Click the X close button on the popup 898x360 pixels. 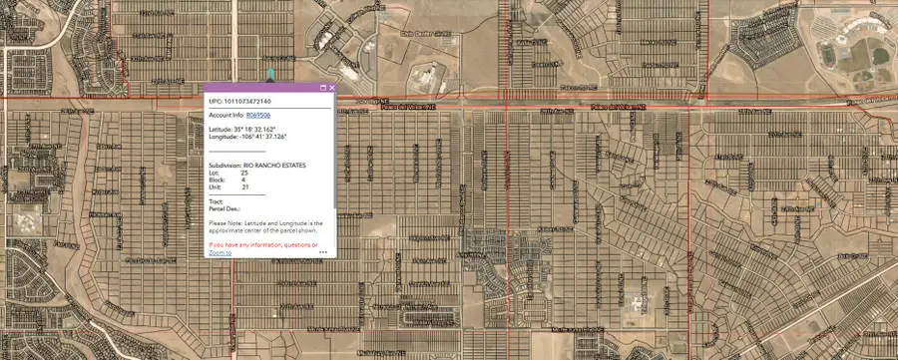point(331,88)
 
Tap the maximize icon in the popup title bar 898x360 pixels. point(322,88)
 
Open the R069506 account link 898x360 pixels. point(257,116)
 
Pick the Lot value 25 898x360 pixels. point(245,172)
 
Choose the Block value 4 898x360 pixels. point(243,180)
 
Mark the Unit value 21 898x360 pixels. point(245,186)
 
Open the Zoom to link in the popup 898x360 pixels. point(220,253)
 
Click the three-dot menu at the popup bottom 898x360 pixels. point(323,253)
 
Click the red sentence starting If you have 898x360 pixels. point(263,244)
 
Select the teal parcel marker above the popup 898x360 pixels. point(270,74)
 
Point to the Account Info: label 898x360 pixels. point(226,116)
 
